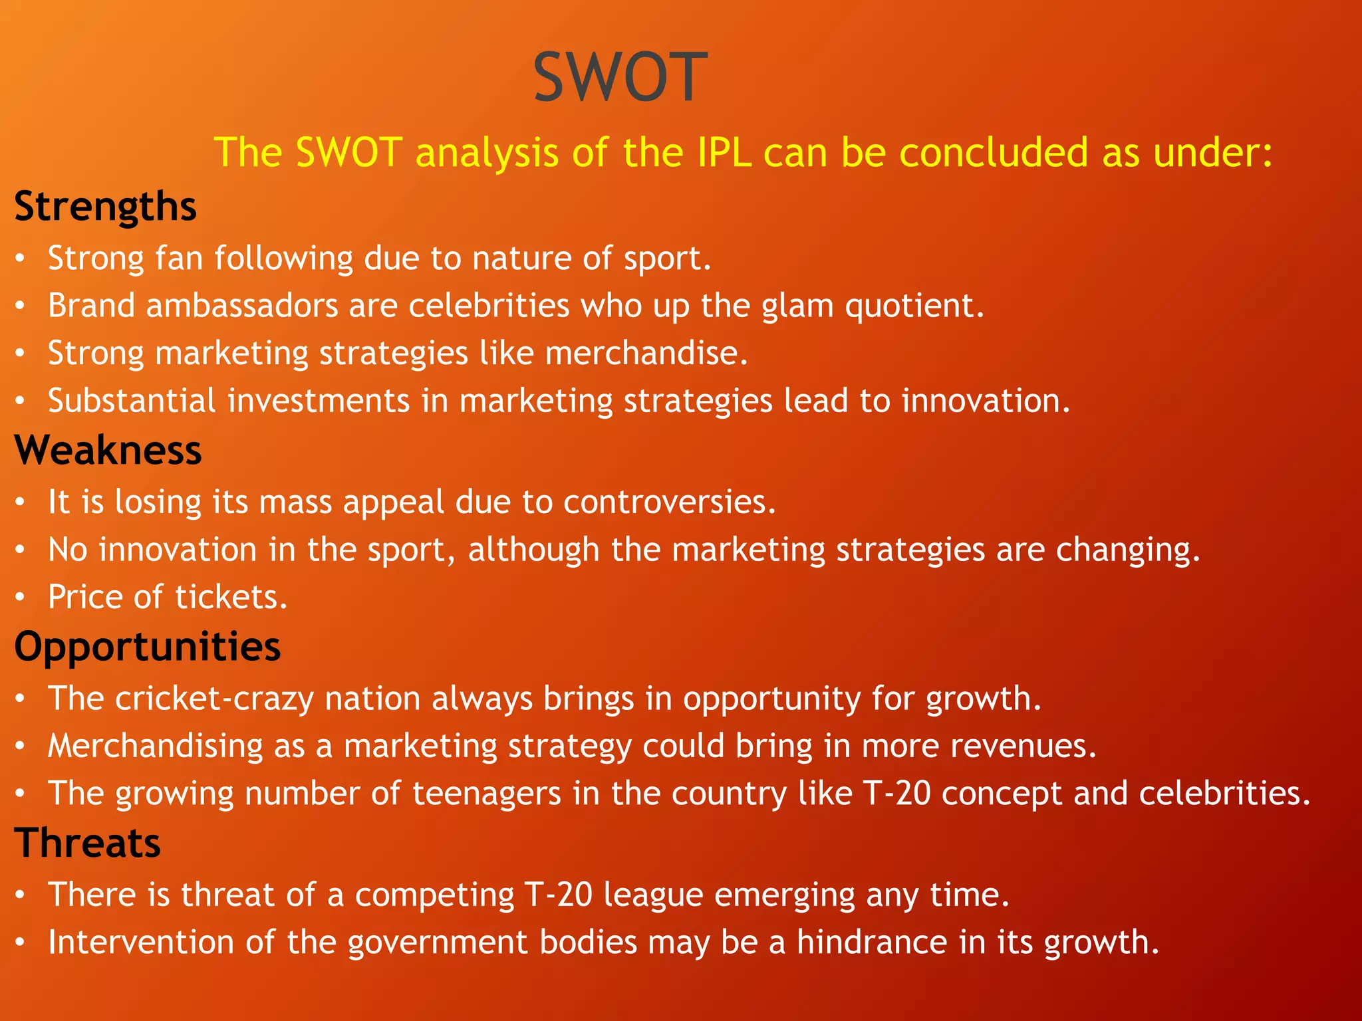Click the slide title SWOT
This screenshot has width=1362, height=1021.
coord(620,78)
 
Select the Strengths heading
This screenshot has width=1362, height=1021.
coord(105,206)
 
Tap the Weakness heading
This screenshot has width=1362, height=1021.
coord(108,450)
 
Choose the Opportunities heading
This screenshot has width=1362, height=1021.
coord(147,646)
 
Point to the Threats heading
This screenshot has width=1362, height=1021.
coord(87,843)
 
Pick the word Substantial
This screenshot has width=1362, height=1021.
coord(132,401)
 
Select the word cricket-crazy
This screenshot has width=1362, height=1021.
coord(214,699)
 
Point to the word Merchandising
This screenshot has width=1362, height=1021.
coord(156,746)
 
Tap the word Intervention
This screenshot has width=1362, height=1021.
coord(141,942)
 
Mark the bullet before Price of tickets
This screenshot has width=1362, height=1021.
coord(21,598)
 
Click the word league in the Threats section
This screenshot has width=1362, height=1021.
coord(653,895)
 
